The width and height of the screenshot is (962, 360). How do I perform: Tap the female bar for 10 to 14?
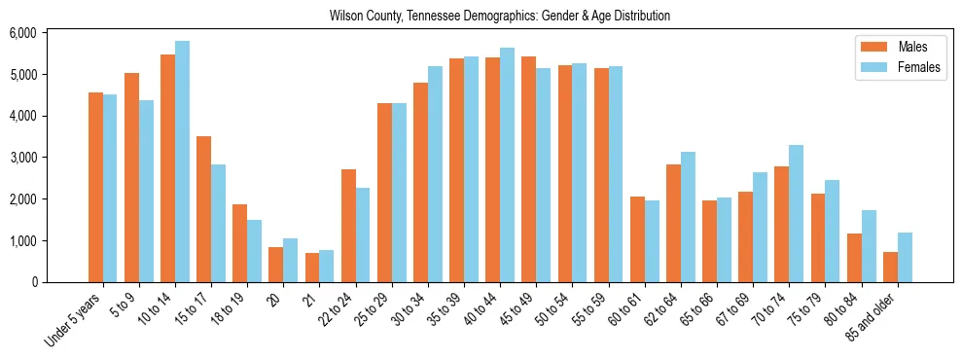pyautogui.click(x=182, y=162)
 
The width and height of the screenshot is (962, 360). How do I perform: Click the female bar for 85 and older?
pyautogui.click(x=905, y=257)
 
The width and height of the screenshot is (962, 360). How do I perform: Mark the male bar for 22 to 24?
pyautogui.click(x=348, y=226)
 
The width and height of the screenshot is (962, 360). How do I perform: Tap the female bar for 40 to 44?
pyautogui.click(x=507, y=164)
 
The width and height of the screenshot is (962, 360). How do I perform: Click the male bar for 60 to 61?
pyautogui.click(x=637, y=239)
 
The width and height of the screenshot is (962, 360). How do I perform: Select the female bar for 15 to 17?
pyautogui.click(x=218, y=223)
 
